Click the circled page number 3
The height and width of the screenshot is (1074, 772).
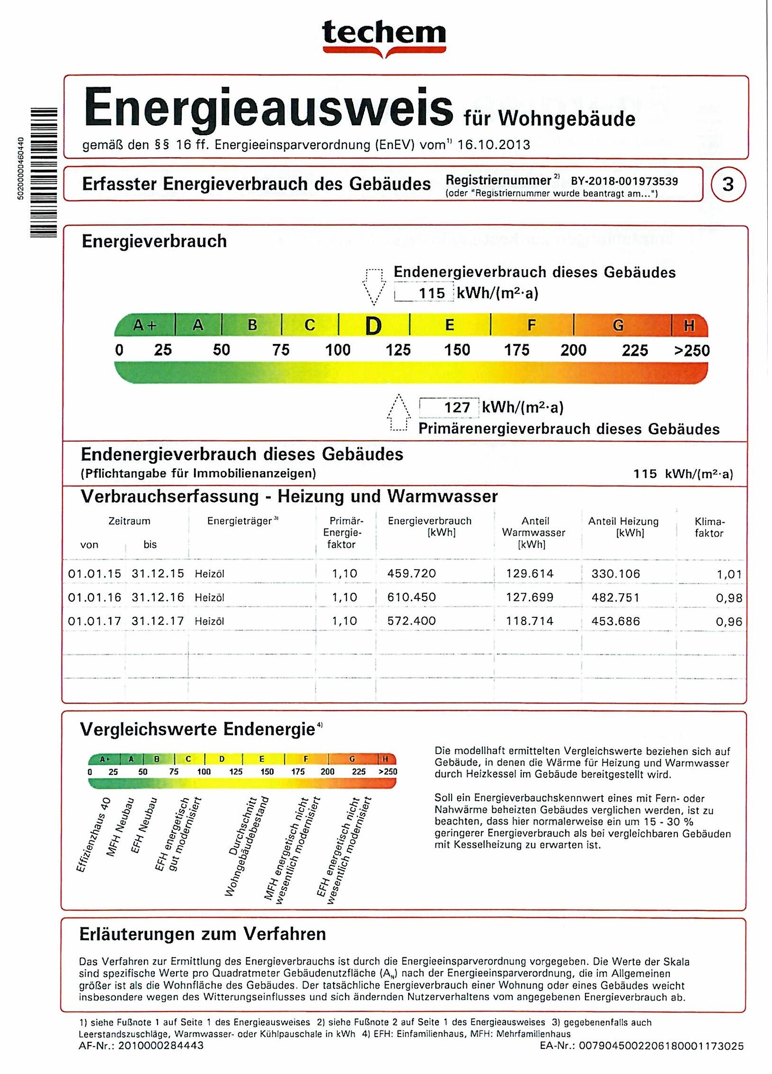click(x=728, y=184)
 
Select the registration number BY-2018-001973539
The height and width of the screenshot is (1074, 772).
click(x=624, y=181)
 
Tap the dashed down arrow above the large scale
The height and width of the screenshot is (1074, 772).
click(x=373, y=287)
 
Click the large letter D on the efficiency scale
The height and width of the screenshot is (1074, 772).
click(x=373, y=326)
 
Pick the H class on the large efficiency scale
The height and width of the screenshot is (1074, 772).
click(x=689, y=326)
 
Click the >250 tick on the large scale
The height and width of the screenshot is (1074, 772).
click(x=692, y=351)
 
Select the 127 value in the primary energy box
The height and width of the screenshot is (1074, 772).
click(x=457, y=407)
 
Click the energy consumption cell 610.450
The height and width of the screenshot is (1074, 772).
click(x=411, y=597)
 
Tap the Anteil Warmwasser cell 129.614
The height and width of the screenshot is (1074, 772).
click(x=530, y=573)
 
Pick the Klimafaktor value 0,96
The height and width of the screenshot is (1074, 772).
click(x=729, y=621)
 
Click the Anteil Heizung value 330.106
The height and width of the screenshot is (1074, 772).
click(x=615, y=573)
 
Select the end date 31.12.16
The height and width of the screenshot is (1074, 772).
click(x=158, y=597)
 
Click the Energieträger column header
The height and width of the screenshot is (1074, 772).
click(x=240, y=521)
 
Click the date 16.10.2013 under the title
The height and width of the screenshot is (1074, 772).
click(x=494, y=144)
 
